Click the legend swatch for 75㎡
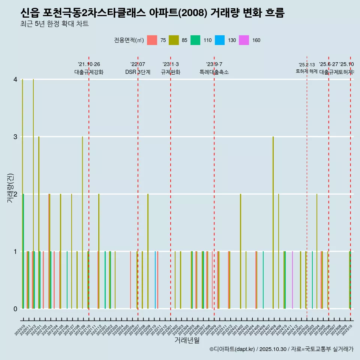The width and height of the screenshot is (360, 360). [x=152, y=40]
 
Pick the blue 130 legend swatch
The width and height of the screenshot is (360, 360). [x=220, y=40]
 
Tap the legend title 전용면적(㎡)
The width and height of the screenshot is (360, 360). [x=129, y=40]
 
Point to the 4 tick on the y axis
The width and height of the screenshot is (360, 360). [x=15, y=79]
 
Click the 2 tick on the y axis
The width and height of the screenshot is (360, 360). [x=15, y=194]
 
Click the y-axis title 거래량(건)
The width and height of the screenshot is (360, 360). [x=10, y=187]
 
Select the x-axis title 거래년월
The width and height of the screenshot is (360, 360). [x=187, y=340]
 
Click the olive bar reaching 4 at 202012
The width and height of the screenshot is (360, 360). [x=33, y=194]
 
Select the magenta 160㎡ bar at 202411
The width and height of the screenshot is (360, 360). [x=292, y=280]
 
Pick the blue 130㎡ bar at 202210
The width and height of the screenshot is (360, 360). [x=155, y=280]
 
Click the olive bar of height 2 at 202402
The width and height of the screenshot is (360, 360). [x=240, y=251]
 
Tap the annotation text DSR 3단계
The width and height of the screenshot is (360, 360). [x=138, y=72]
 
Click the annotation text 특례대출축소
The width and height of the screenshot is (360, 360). [x=214, y=72]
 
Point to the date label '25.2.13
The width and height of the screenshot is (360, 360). [x=307, y=65]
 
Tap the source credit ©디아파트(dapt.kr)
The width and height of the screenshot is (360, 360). [x=232, y=349]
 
